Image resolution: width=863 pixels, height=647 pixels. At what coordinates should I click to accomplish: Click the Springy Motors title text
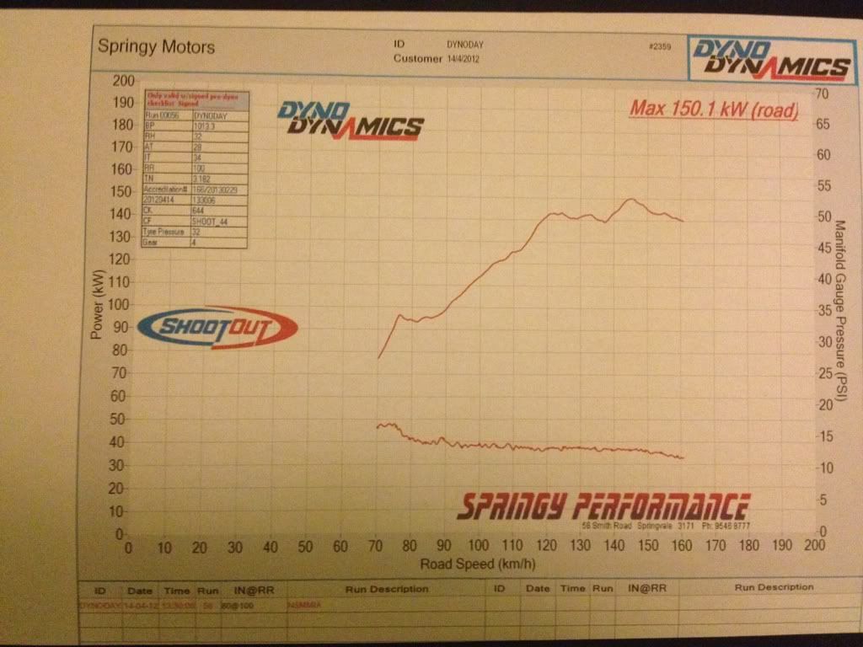tap(156, 46)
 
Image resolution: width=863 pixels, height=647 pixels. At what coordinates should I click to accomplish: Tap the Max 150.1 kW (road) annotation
tap(713, 109)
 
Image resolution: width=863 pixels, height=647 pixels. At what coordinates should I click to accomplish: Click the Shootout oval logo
tap(217, 328)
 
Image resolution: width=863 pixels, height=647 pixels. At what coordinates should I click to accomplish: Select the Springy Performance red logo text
tap(602, 506)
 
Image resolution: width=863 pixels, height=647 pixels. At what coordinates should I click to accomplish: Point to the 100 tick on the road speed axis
tap(479, 547)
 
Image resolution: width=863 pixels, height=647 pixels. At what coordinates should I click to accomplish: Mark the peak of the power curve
tap(630, 199)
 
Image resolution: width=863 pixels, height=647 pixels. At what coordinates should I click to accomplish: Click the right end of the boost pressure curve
tap(683, 458)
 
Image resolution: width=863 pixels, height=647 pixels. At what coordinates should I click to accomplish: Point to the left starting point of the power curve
tap(378, 358)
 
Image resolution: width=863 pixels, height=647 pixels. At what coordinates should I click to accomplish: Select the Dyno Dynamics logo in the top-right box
tap(769, 57)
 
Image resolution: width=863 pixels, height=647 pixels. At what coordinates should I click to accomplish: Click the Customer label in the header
tap(417, 58)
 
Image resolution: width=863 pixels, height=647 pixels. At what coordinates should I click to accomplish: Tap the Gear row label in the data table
tap(153, 242)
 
